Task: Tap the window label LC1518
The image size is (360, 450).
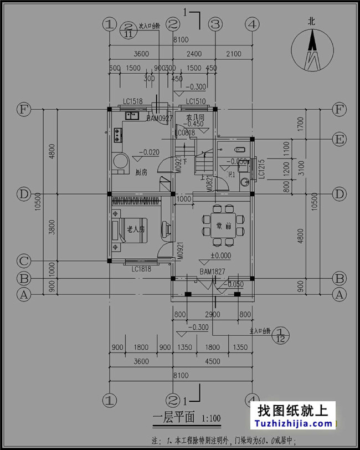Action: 133,101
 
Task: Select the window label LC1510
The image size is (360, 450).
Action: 196,101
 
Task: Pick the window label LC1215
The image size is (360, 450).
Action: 261,170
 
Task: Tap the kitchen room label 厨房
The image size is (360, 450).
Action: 141,172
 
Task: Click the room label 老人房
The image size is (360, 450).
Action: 136,228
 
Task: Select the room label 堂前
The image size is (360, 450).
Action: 224,226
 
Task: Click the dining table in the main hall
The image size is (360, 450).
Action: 224,226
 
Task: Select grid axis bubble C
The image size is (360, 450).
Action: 23,260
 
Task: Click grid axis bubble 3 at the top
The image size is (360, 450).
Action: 215,24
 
